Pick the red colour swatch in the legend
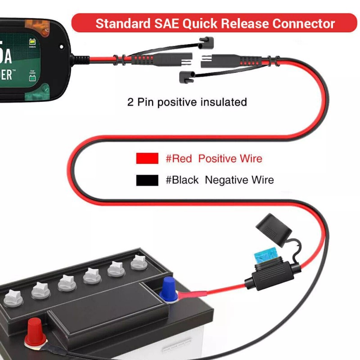147,158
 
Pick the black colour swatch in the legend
147,180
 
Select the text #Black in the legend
182,180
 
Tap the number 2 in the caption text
130,102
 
